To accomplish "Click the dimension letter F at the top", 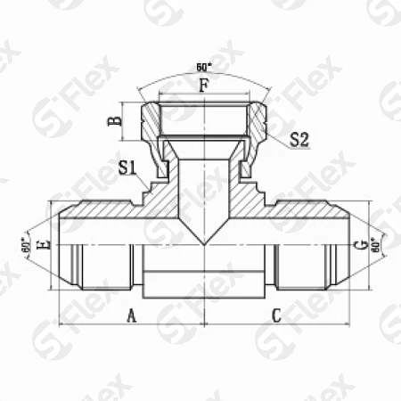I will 203,87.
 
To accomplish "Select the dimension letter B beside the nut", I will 113,121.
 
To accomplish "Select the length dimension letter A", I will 132,315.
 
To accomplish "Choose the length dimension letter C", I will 276,315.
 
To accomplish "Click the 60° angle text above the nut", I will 203,68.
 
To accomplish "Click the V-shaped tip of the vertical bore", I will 203,243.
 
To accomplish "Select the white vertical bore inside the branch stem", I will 203,192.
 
